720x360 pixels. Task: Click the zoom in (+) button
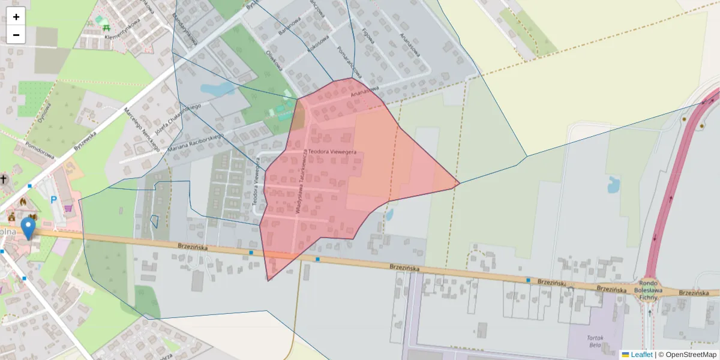(16, 17)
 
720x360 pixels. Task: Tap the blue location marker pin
(28, 228)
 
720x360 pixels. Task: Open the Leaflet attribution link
(641, 355)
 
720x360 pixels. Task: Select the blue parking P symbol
(53, 200)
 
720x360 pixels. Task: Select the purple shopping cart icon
(68, 208)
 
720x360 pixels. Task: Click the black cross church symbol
(4, 179)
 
